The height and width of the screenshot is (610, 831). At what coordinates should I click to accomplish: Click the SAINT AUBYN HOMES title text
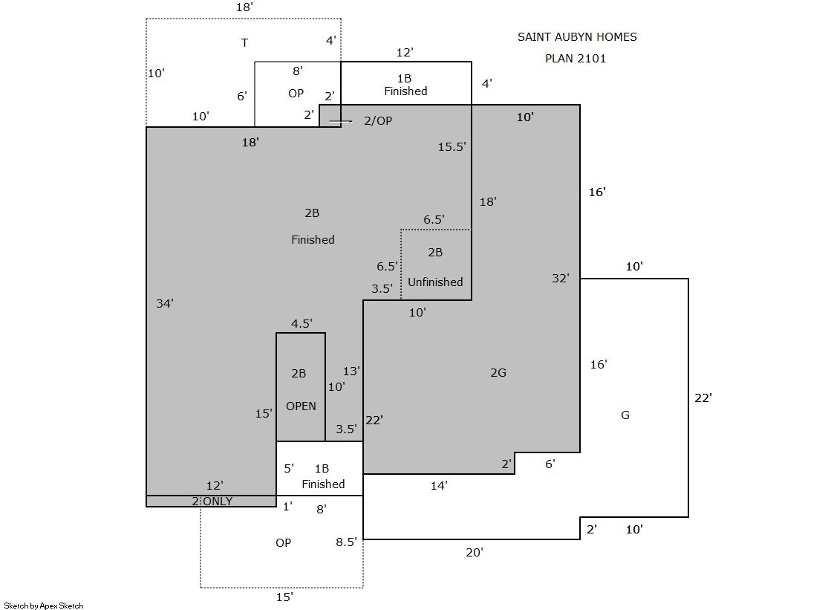tap(577, 37)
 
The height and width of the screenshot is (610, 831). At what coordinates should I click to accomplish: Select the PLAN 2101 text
tap(576, 59)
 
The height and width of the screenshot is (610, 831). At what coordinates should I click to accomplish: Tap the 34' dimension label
tap(165, 303)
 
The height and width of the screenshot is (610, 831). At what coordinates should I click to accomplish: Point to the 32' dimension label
tap(561, 279)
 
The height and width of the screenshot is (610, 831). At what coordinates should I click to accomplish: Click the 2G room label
tap(498, 372)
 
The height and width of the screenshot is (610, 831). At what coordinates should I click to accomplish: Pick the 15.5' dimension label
tap(452, 147)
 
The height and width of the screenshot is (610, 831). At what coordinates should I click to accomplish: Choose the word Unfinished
tap(435, 282)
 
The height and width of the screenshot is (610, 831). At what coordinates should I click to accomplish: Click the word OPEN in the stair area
tap(301, 406)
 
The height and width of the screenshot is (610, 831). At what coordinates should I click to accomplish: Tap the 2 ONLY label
tap(212, 502)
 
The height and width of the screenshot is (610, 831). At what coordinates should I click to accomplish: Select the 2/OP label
tap(378, 121)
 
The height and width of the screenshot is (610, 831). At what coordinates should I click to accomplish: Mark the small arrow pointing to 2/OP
tap(341, 121)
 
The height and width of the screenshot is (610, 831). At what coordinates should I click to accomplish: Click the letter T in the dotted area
tap(244, 43)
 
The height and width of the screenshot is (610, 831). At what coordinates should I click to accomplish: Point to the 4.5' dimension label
tap(302, 323)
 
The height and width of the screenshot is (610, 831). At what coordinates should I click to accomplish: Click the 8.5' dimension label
tap(346, 542)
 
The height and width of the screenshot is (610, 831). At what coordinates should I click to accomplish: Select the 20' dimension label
tap(475, 553)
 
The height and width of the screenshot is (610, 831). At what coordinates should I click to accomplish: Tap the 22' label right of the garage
tap(703, 398)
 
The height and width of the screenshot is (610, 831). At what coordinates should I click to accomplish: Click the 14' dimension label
tap(439, 486)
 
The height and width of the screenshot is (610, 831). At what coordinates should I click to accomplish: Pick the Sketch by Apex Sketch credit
tap(44, 606)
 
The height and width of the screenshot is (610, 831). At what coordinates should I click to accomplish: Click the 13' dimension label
tap(351, 371)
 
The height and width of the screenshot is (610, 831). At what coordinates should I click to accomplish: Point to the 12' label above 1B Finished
tap(405, 53)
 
